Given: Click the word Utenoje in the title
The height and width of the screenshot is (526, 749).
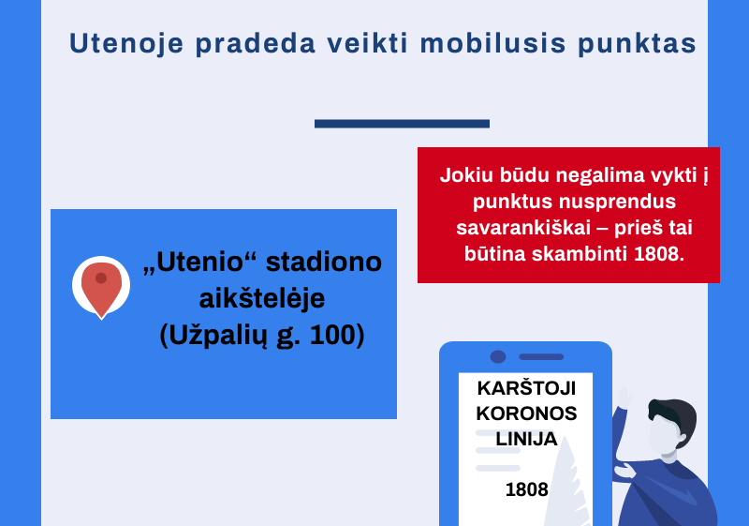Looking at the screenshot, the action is click(126, 44).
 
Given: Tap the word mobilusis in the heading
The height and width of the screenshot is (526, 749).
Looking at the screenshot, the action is click(493, 43).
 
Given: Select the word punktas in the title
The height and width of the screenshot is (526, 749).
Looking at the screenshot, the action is click(638, 44).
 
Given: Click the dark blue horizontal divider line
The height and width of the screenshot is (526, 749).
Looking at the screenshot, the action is click(402, 124).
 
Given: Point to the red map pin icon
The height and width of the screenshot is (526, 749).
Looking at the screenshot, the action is click(101, 288).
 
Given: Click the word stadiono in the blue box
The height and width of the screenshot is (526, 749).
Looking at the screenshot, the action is click(324, 262).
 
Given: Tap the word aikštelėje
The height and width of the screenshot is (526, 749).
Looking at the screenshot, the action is click(262, 298).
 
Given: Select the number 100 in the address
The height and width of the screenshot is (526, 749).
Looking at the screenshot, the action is click(337, 335).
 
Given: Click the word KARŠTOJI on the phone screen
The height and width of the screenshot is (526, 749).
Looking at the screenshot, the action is click(526, 388).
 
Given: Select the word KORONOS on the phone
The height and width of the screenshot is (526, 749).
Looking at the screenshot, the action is click(526, 413).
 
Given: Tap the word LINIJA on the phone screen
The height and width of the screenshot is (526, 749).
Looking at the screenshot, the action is click(526, 439).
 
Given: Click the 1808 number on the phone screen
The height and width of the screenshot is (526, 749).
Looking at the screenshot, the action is click(526, 489).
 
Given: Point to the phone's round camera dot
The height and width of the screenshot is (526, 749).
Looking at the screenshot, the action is click(498, 356).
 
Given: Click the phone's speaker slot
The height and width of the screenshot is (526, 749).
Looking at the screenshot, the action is click(541, 356).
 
